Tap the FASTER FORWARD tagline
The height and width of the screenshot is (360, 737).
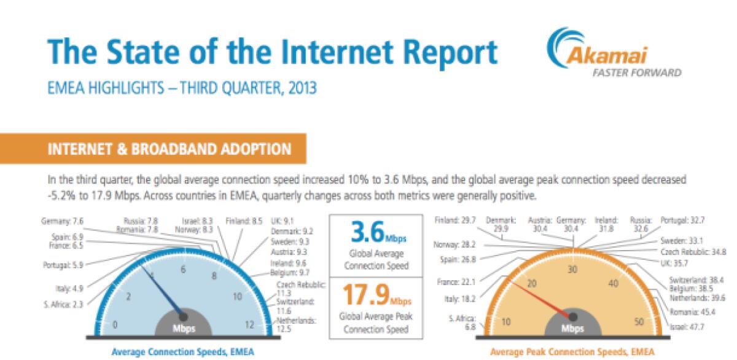pos(641,72)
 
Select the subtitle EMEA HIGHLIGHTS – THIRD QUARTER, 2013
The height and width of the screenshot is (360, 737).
pos(182,88)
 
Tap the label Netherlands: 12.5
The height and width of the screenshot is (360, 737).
pos(296,325)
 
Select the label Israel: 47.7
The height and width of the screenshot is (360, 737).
pos(687,327)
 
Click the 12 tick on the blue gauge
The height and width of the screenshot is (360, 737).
pos(249,325)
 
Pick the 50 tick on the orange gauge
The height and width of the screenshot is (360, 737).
pos(639,322)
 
